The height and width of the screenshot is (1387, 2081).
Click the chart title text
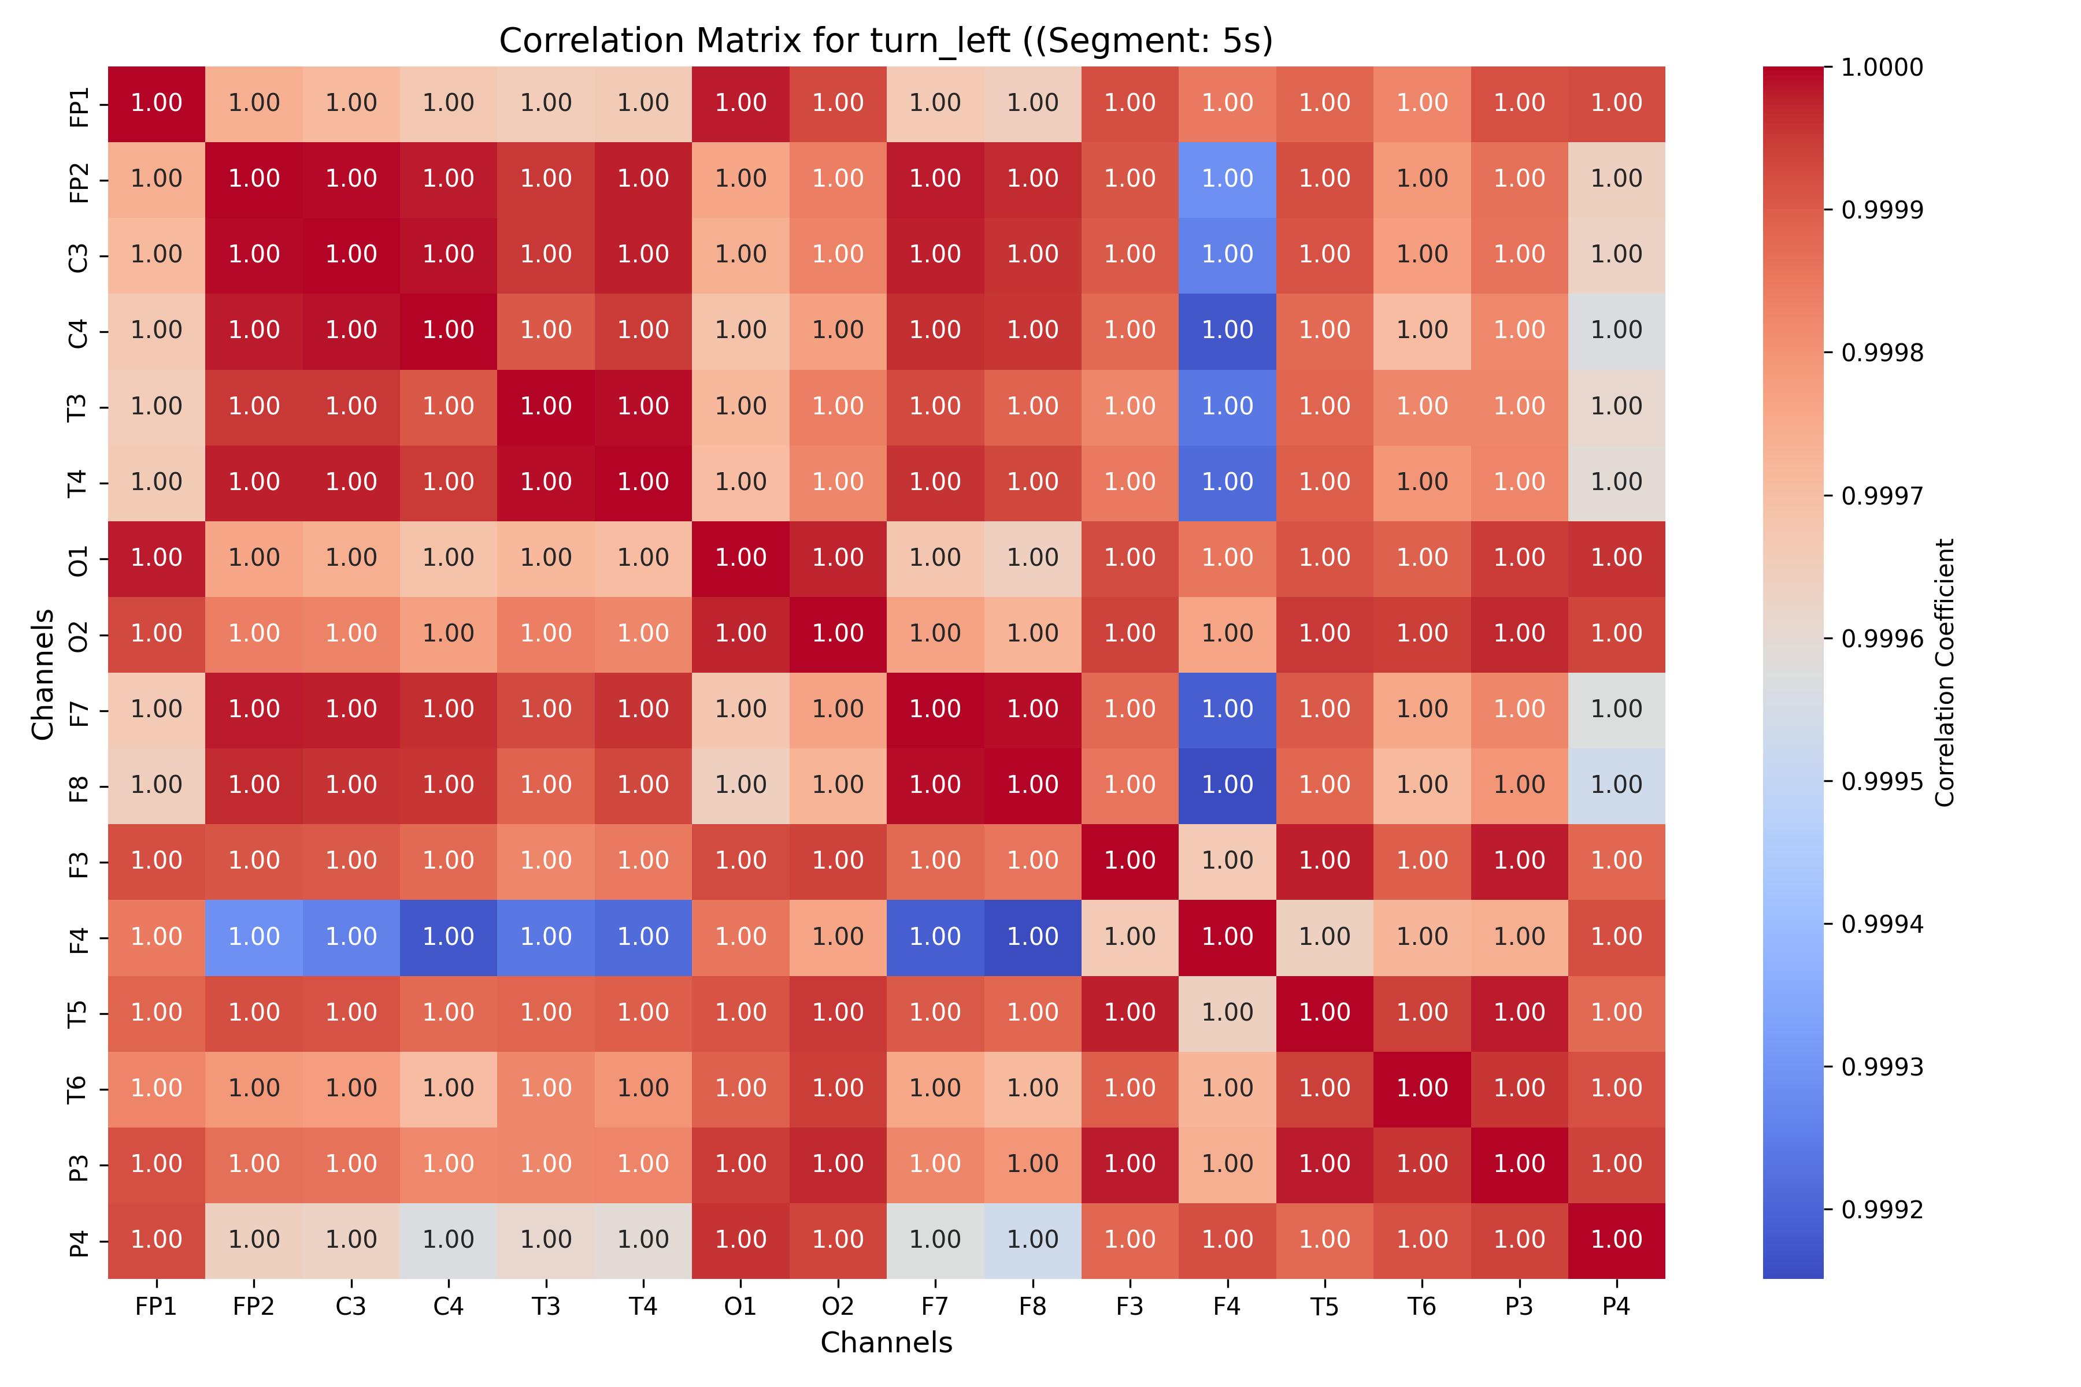(886, 40)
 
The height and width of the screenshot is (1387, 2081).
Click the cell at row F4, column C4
(449, 937)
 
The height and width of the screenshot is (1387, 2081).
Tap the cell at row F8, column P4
(1616, 785)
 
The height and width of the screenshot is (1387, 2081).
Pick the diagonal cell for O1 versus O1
(740, 558)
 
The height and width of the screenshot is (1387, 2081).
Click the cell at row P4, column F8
(1032, 1240)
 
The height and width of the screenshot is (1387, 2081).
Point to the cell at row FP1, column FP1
(157, 103)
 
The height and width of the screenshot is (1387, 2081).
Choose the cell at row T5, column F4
(1227, 1013)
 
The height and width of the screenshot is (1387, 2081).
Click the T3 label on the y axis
(78, 407)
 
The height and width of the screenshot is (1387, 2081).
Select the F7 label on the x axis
(935, 1307)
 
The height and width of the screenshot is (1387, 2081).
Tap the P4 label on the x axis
(1616, 1307)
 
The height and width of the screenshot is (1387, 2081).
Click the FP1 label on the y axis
(78, 107)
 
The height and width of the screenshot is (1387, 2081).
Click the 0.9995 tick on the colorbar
(1881, 782)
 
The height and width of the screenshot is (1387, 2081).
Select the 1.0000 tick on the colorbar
(1881, 67)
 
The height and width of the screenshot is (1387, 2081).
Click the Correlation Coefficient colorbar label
(1944, 672)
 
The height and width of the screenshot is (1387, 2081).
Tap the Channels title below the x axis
(886, 1343)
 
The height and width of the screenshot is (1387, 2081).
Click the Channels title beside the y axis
(42, 673)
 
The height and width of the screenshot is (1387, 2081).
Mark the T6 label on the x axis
(1422, 1307)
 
